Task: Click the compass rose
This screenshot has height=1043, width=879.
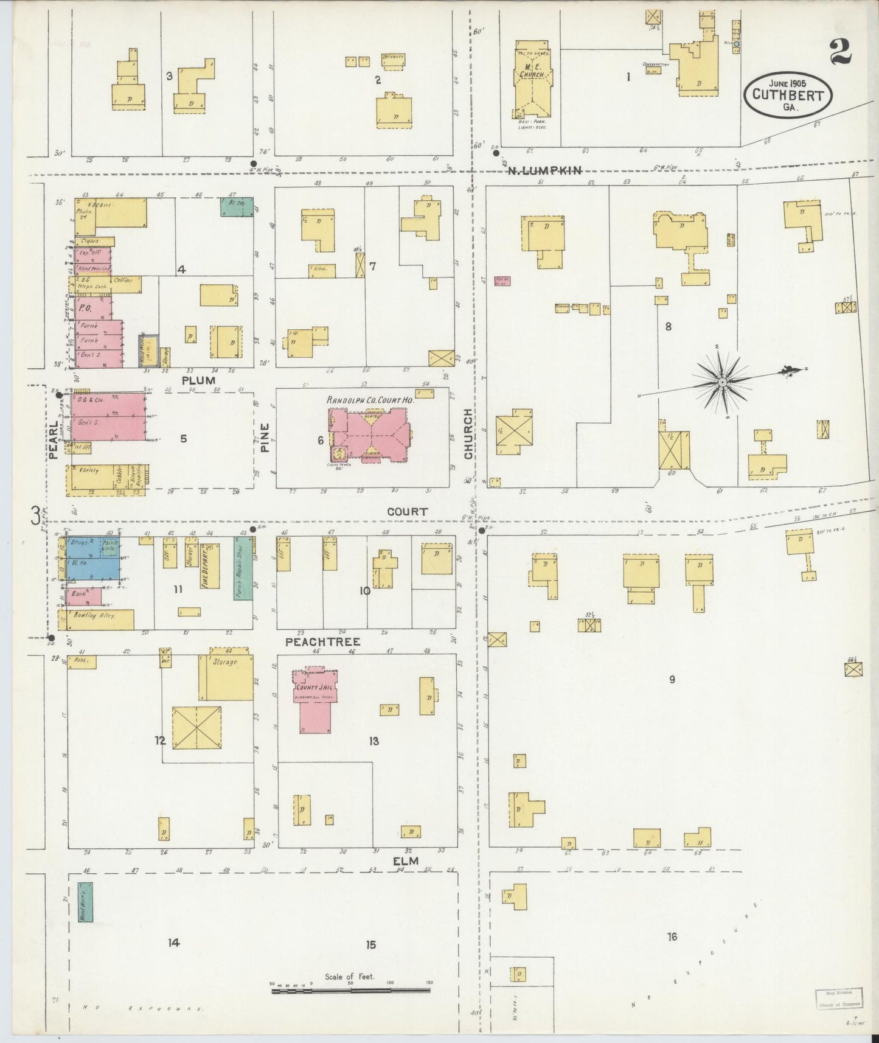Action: click(x=721, y=382)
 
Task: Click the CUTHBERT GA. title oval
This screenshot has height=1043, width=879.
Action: click(x=788, y=96)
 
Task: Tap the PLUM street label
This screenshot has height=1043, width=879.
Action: click(x=198, y=380)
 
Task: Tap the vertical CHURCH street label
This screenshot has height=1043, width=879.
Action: click(x=468, y=433)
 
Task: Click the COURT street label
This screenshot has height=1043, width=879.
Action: click(x=407, y=512)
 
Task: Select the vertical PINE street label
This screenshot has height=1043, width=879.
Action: click(x=265, y=438)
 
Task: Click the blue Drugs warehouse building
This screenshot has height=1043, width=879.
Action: click(x=92, y=558)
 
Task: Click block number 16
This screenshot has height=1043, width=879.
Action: click(x=672, y=937)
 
